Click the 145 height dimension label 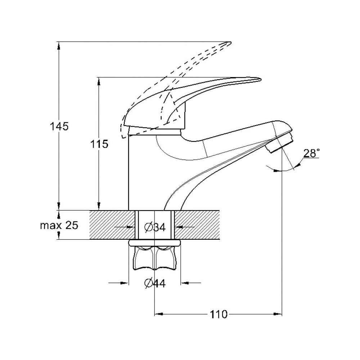(59, 126)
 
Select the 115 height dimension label (99, 144)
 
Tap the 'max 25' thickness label (59, 225)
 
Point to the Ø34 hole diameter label (155, 227)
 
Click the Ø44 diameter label (155, 283)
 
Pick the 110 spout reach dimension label (219, 314)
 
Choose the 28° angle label (311, 153)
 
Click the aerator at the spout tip (279, 142)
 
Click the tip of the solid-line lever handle (261, 80)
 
